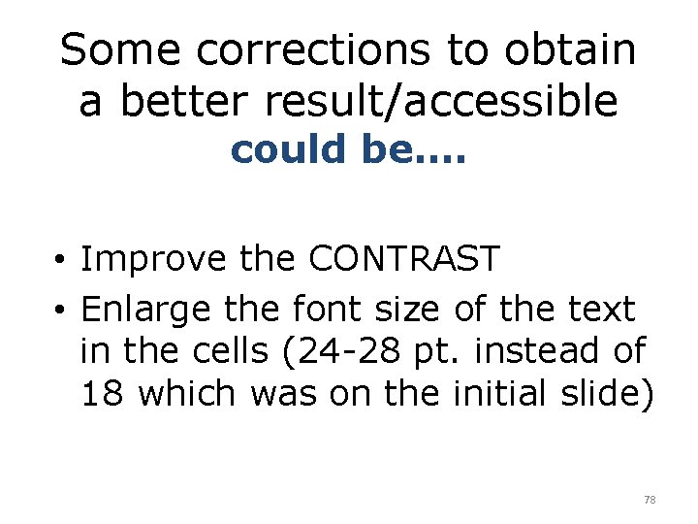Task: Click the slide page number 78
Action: [650, 500]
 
